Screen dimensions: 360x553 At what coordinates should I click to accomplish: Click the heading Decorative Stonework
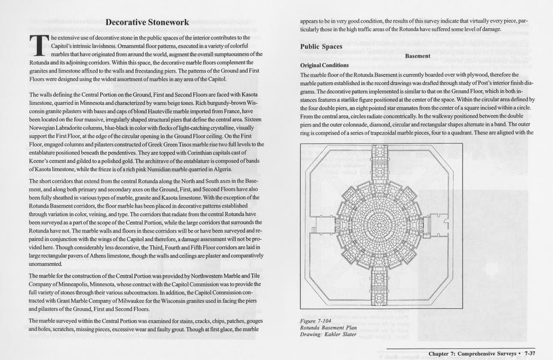pos(147,22)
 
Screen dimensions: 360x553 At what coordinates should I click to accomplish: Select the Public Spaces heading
pos(321,46)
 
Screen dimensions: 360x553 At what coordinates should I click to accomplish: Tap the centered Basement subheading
pos(417,56)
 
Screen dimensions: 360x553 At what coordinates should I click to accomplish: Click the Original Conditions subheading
pos(324,65)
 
